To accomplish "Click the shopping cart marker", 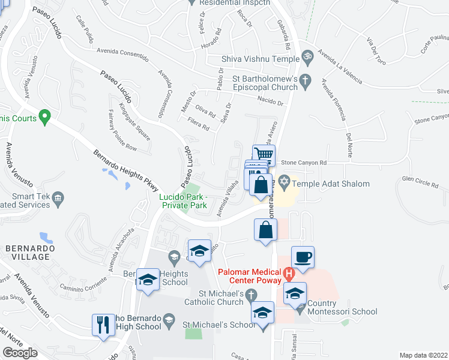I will pos(264,155).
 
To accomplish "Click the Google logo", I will pos(20,352).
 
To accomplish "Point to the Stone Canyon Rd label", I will pos(304,163).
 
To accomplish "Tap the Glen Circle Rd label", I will pos(421,178).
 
